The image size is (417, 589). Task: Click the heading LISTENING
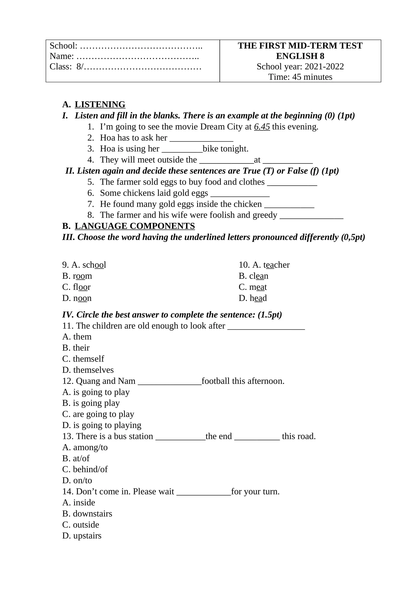pyautogui.click(x=100, y=104)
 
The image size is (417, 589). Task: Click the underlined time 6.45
pyautogui.click(x=262, y=127)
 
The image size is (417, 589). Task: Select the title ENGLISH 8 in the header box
pyautogui.click(x=300, y=56)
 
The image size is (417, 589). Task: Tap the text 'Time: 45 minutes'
pyautogui.click(x=300, y=77)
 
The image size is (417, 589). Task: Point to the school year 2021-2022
pyautogui.click(x=324, y=67)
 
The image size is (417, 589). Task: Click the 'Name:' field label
pyautogui.click(x=62, y=56)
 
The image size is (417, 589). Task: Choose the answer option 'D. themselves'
pyautogui.click(x=88, y=370)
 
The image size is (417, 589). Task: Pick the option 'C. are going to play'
pyautogui.click(x=98, y=414)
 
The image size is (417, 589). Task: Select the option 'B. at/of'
pyautogui.click(x=76, y=458)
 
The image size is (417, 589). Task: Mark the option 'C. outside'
pyautogui.click(x=81, y=524)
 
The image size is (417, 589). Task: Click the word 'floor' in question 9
pyautogui.click(x=82, y=287)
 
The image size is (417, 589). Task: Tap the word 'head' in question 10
pyautogui.click(x=258, y=298)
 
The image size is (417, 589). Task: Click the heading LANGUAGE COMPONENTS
pyautogui.click(x=134, y=226)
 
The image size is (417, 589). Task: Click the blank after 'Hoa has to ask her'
pyautogui.click(x=201, y=139)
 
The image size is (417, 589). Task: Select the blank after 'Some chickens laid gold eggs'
pyautogui.click(x=240, y=194)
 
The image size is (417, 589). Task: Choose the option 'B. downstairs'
pyautogui.click(x=87, y=513)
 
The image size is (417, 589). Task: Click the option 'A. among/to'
pyautogui.click(x=85, y=447)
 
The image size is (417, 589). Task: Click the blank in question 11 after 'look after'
pyautogui.click(x=266, y=327)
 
